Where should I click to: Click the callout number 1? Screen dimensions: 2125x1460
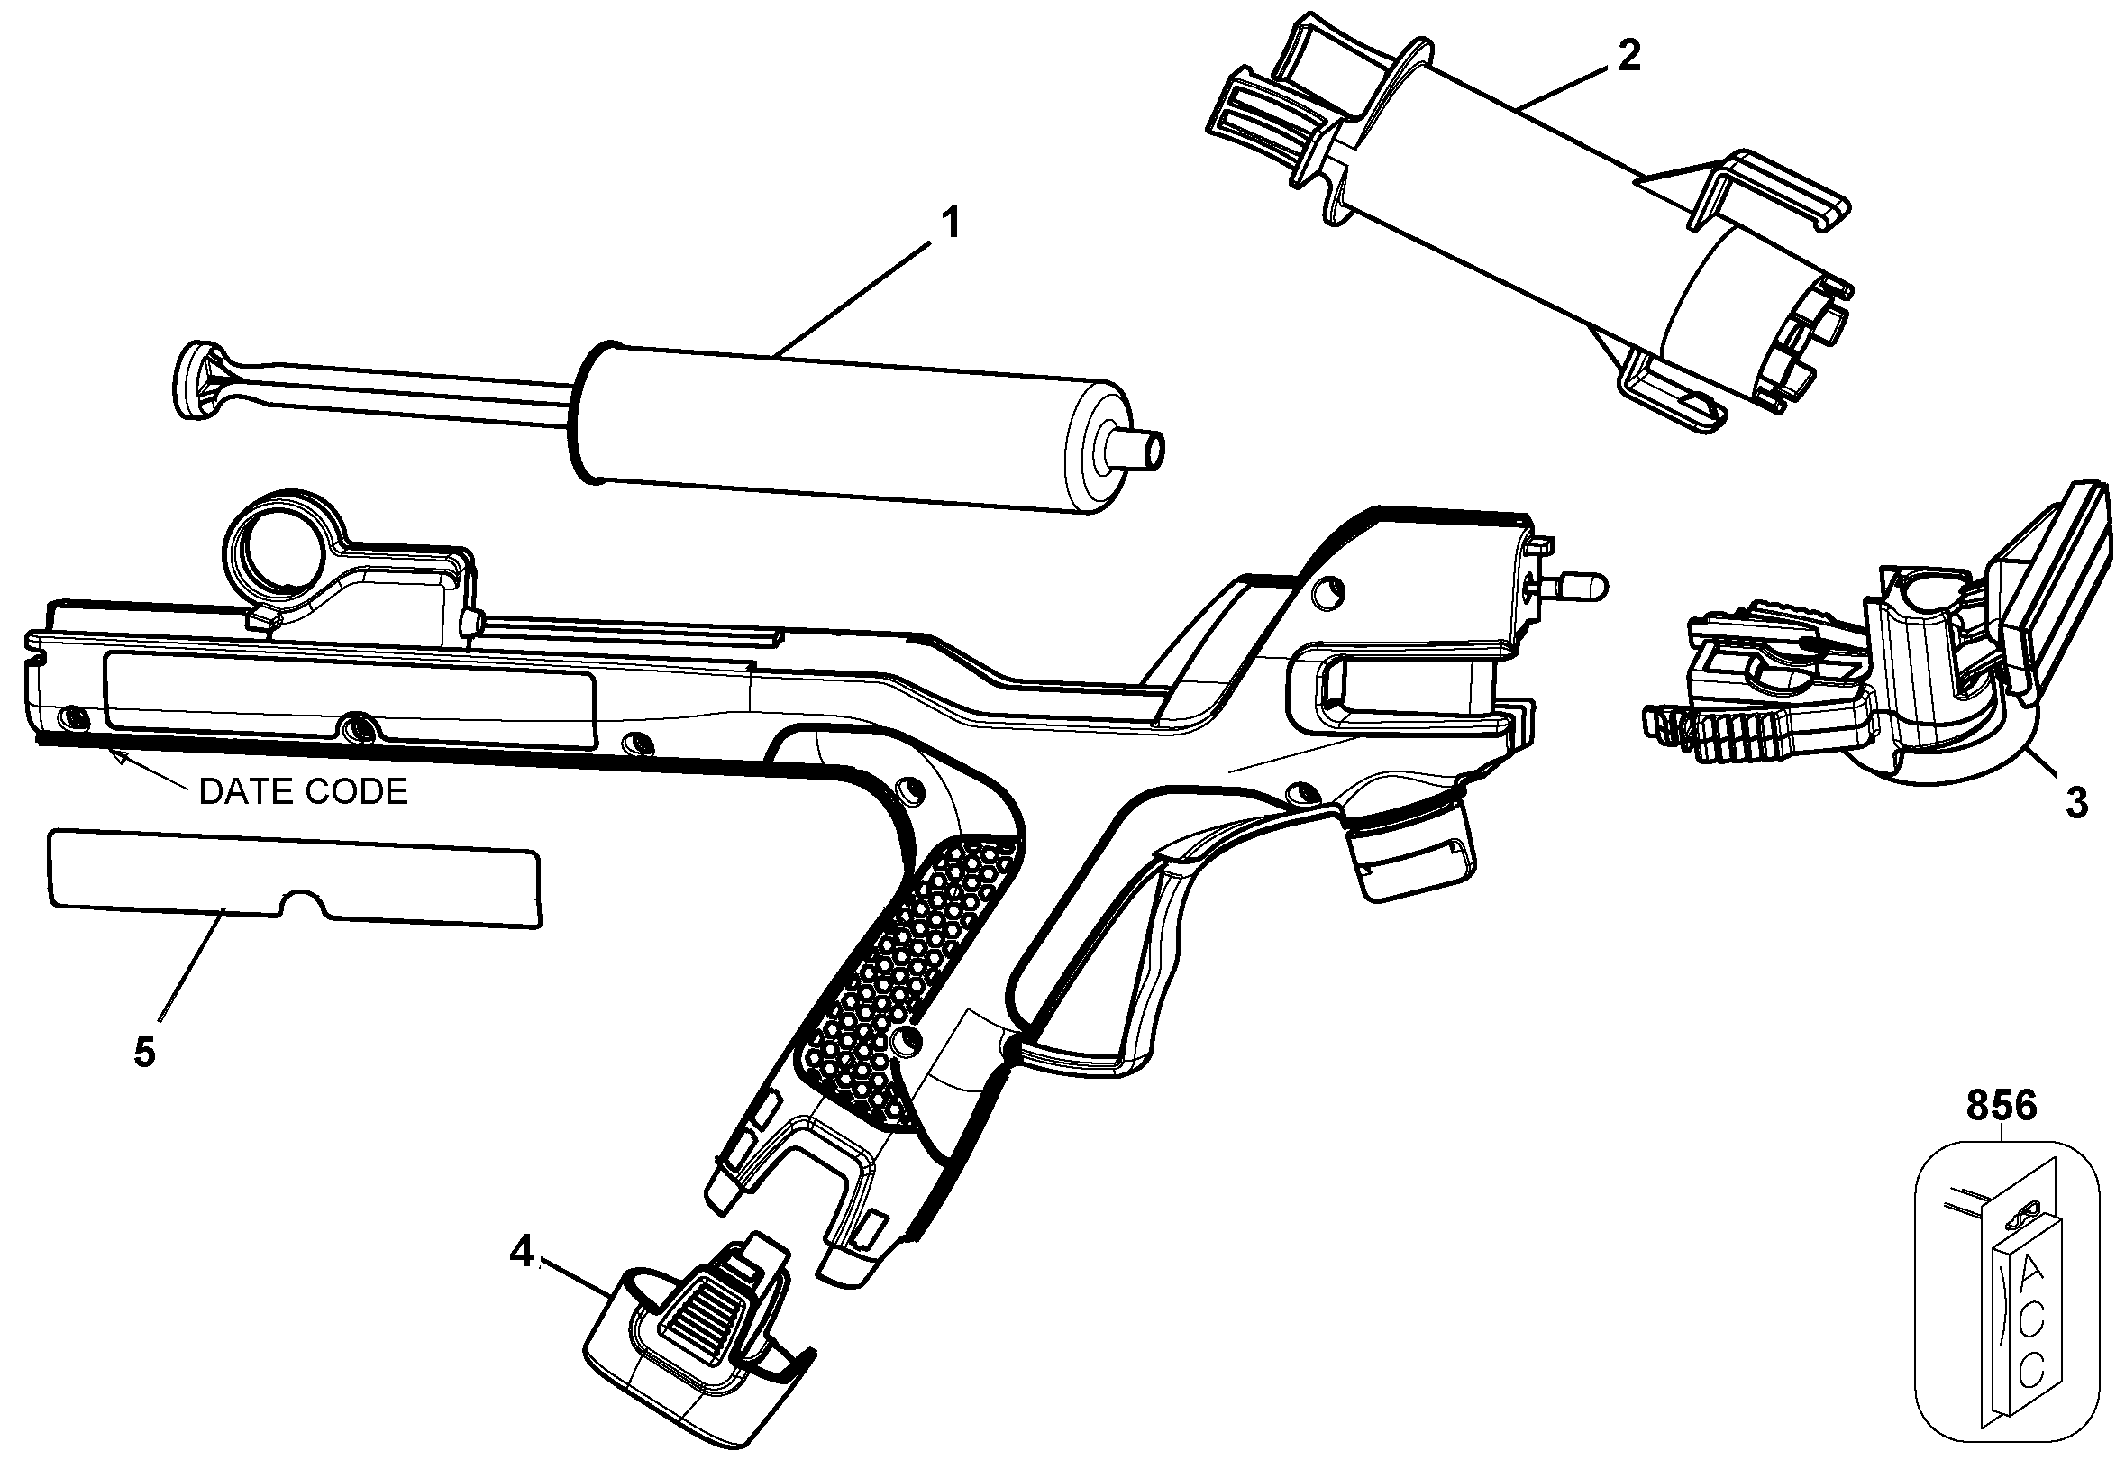point(952,223)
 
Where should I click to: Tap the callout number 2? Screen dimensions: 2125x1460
point(1628,57)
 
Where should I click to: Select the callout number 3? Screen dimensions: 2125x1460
point(2076,803)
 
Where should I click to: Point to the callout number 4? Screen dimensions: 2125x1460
point(521,1252)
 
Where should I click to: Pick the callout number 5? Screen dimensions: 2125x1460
point(144,1052)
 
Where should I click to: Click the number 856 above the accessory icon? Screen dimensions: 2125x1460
point(2002,1106)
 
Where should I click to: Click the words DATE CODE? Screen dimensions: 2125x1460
point(303,792)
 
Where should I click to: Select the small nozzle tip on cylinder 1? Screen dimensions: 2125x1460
point(1144,450)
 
